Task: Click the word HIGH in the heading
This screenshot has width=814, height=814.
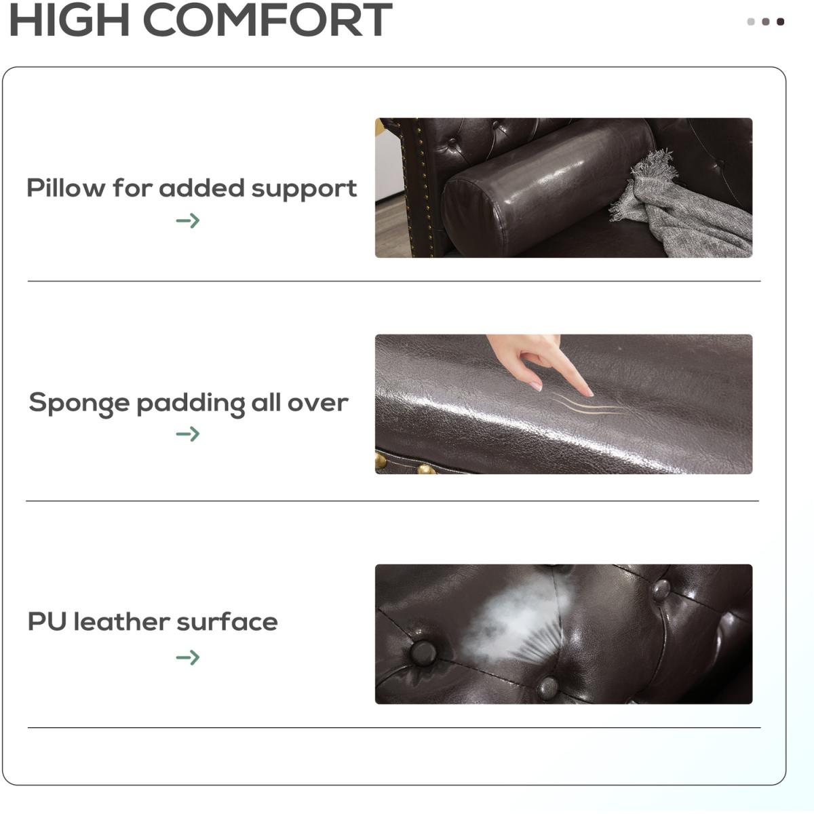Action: [x=69, y=20]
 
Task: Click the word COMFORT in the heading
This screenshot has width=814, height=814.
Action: [x=268, y=20]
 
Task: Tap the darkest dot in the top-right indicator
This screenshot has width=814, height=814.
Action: [x=780, y=22]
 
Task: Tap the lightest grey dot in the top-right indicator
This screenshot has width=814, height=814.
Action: [x=751, y=22]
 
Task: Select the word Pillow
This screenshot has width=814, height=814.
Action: [x=66, y=187]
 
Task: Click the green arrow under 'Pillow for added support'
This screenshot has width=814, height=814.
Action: [x=188, y=220]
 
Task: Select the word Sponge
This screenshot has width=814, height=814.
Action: [x=79, y=403]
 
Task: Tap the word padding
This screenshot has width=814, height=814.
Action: [x=191, y=404]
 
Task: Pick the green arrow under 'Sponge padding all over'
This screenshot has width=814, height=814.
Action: [x=188, y=434]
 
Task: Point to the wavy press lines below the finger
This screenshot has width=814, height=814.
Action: [x=587, y=404]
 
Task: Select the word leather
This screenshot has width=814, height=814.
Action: [x=122, y=622]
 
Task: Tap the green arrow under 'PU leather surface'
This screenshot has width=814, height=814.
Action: [x=188, y=657]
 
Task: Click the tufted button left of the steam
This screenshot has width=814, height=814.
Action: [x=423, y=653]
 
